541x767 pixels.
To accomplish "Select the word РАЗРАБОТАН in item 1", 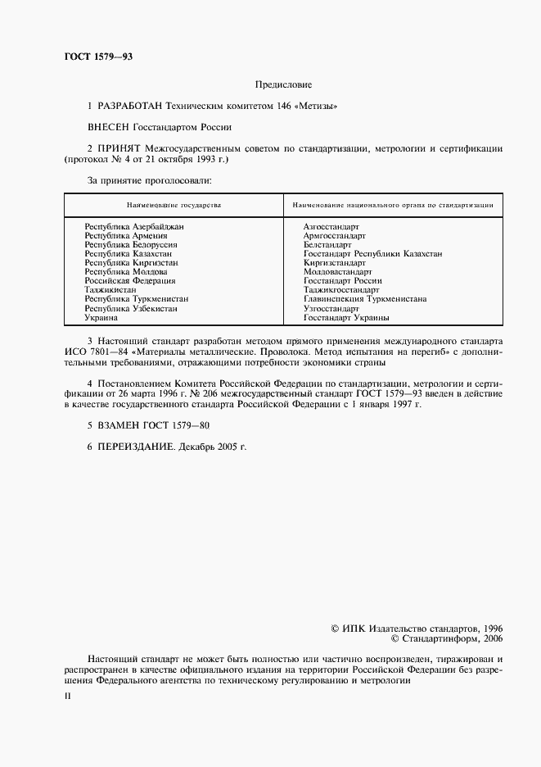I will pyautogui.click(x=130, y=107).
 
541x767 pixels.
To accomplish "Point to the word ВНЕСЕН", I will pyautogui.click(x=108, y=128).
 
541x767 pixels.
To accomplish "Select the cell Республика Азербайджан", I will pyautogui.click(x=134, y=225).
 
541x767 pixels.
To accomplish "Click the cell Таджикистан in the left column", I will pyautogui.click(x=110, y=289).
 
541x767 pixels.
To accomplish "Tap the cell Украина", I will pyautogui.click(x=101, y=317).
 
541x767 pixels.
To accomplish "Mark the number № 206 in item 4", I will pyautogui.click(x=199, y=395).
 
